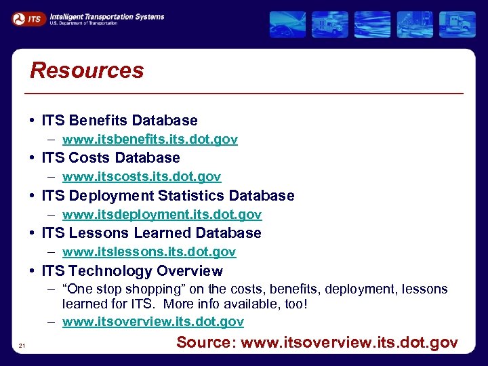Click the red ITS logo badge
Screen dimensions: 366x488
coord(29,19)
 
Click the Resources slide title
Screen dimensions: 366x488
coord(87,70)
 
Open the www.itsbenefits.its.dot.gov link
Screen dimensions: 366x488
coord(150,140)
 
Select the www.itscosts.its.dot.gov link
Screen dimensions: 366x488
coord(142,177)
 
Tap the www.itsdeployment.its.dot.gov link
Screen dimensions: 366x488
coord(162,215)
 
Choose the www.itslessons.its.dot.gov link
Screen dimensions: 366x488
coord(149,252)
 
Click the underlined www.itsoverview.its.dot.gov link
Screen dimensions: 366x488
coord(153,322)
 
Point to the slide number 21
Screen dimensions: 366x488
coord(22,346)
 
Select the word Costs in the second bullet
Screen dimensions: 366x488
coord(91,158)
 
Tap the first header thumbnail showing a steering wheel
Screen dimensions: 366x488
coord(287,24)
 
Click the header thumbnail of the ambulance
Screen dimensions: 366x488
coord(331,24)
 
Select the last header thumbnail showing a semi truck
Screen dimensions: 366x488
coord(457,24)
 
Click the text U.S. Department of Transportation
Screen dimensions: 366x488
coord(83,23)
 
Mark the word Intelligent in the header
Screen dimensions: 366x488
coord(70,16)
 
